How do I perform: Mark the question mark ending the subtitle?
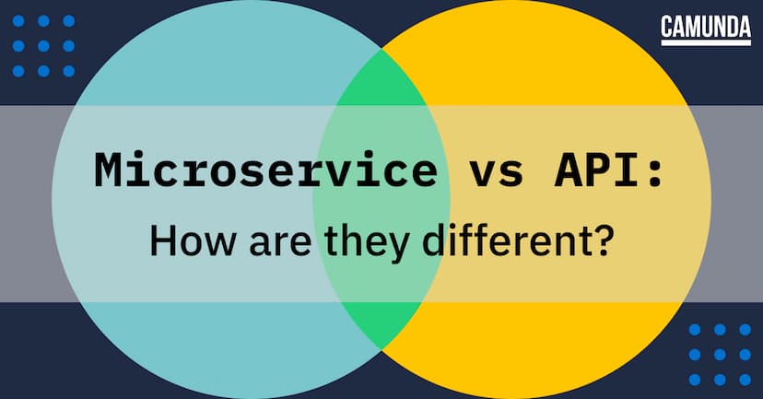tap(601, 242)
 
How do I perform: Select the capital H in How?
tap(161, 242)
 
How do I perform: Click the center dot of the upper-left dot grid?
tap(43, 47)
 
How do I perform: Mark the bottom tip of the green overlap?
tap(381, 348)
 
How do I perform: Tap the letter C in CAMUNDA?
tap(667, 27)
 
